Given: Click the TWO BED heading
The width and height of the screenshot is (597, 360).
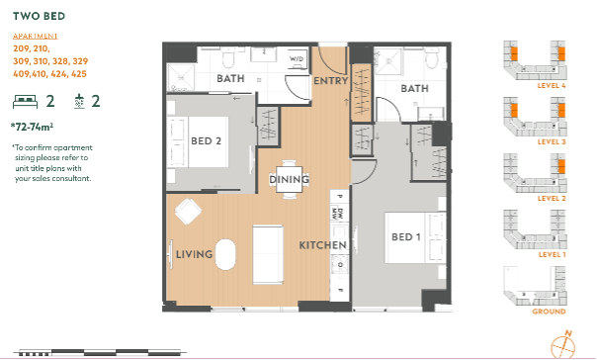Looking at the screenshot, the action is click(39, 16).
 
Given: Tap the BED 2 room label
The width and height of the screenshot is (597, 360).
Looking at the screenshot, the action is click(206, 141).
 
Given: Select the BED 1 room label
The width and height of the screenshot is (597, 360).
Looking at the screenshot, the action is click(406, 237).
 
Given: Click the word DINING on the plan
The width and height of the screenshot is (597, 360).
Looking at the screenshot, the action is click(289, 179).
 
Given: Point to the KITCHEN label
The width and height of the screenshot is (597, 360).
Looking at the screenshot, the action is click(323, 245).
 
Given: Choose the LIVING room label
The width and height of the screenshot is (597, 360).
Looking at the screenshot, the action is click(194, 254).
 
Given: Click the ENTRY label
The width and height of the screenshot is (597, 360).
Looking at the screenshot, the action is click(330, 81).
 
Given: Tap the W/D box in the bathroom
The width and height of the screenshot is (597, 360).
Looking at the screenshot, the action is click(297, 59).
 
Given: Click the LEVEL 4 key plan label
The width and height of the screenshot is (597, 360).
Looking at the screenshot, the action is click(552, 86).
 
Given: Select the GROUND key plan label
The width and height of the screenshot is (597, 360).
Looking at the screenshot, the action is click(549, 312).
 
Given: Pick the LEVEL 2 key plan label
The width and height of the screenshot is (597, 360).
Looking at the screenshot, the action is click(552, 199).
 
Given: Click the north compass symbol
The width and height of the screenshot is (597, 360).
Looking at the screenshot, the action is click(562, 345).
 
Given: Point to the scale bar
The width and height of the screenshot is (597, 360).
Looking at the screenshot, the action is click(100, 352).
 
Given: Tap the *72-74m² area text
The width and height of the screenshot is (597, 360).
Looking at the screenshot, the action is click(32, 127).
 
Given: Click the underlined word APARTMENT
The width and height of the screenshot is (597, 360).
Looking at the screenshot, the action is click(35, 37).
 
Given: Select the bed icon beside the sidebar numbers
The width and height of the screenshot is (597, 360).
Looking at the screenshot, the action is click(25, 102).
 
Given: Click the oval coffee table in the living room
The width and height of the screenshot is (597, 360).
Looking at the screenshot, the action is click(225, 254).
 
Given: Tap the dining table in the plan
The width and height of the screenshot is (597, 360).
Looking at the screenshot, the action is click(289, 179).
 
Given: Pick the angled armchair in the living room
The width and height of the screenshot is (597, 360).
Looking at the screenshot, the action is click(188, 212).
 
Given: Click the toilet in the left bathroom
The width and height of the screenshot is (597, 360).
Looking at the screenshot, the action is click(228, 58).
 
